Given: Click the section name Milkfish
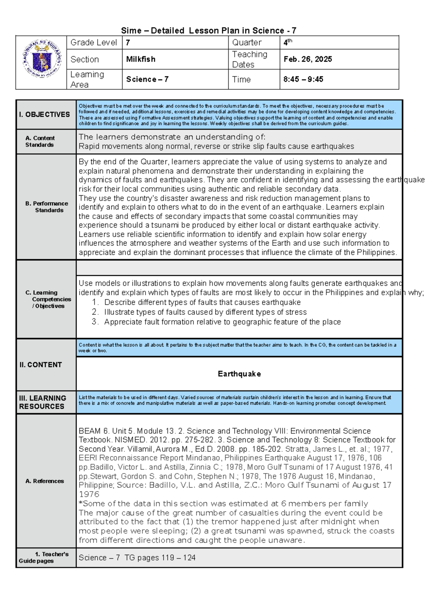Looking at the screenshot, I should tap(141, 59).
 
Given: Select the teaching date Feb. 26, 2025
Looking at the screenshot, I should tap(308, 59).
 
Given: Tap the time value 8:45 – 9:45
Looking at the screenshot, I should tap(303, 79).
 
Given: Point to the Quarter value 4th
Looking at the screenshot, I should tap(288, 43).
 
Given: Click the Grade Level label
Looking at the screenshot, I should tap(94, 43).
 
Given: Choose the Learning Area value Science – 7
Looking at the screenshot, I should tap(147, 79).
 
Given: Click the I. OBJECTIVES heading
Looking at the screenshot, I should tap(45, 114).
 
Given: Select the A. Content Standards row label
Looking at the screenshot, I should tap(40, 141).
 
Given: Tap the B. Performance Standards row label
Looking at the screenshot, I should tap(47, 207).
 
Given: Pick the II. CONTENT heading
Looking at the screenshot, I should tap(40, 365).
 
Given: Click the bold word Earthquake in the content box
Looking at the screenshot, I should tap(239, 374).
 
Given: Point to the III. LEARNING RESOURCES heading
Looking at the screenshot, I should tap(43, 402).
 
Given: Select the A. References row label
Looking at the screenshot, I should tap(45, 481).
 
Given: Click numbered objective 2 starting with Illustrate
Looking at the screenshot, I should tap(205, 312).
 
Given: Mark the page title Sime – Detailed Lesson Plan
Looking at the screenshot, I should tap(209, 31).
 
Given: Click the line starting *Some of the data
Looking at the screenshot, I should tap(223, 503).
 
